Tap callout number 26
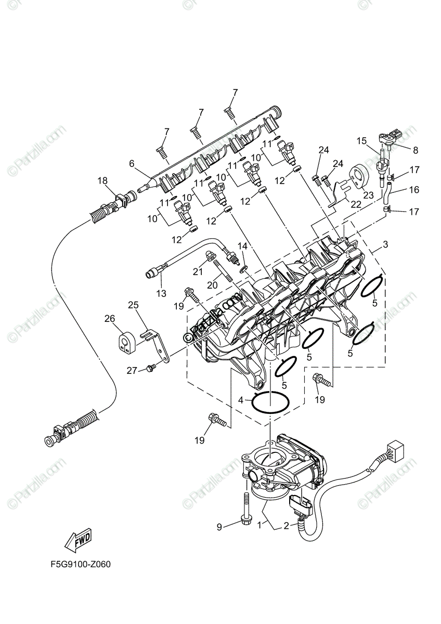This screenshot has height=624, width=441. point(109,318)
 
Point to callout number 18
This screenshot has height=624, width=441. point(102,180)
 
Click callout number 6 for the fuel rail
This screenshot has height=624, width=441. point(132,163)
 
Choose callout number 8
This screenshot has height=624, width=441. point(415,150)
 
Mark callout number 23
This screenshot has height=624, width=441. point(368,195)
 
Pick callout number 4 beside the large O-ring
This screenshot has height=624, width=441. point(241,400)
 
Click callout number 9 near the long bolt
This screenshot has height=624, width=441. point(219,527)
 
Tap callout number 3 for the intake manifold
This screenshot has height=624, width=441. point(385,244)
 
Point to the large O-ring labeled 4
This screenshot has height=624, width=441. point(271,402)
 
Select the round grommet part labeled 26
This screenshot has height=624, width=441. point(124,341)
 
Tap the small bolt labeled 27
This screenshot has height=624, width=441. point(151,368)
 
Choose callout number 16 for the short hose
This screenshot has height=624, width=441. point(414,190)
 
